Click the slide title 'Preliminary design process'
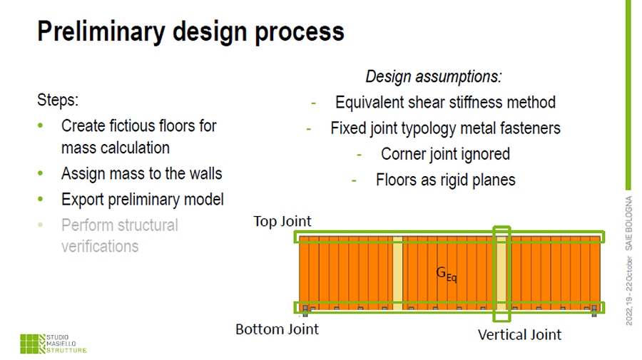pyautogui.click(x=190, y=31)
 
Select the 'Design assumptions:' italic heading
pyautogui.click(x=433, y=76)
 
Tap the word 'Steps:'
pyautogui.click(x=57, y=100)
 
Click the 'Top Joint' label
pyautogui.click(x=282, y=221)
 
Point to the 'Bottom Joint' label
pyautogui.click(x=277, y=329)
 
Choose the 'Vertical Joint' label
pyautogui.click(x=519, y=334)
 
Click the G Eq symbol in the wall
pyautogui.click(x=446, y=273)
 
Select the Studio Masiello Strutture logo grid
pyautogui.click(x=31, y=343)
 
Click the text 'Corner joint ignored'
pyautogui.click(x=445, y=154)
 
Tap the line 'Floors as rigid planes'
pyautogui.click(x=445, y=180)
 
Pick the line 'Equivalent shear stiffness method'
pyautogui.click(x=445, y=103)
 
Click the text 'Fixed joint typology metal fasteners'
pyautogui.click(x=445, y=128)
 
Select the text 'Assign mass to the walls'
pyautogui.click(x=141, y=174)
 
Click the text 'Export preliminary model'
pyautogui.click(x=142, y=200)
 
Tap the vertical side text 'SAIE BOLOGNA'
pyautogui.click(x=629, y=230)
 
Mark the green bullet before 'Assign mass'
pyautogui.click(x=41, y=174)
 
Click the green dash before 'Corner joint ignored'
pyautogui.click(x=360, y=154)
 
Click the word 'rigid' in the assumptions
pyautogui.click(x=448, y=180)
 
